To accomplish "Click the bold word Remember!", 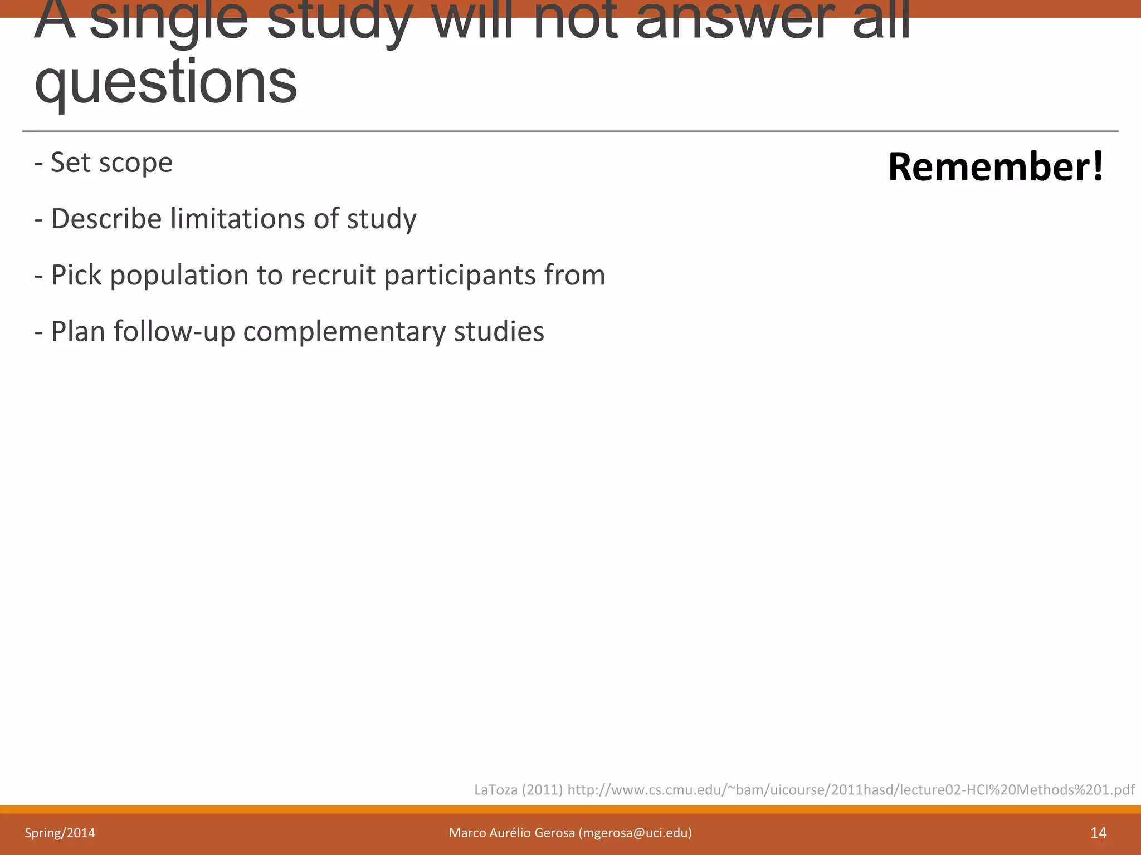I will pos(996,167).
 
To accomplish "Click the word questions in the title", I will pos(166,82).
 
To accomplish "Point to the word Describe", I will pos(106,218).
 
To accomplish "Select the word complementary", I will pos(344,332).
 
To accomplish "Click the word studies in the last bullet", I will pos(499,332).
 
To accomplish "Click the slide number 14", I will pos(1098,833).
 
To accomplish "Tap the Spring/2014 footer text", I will pos(60,833).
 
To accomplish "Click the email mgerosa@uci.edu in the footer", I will pos(635,833).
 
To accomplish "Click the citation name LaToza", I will pos(496,789).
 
